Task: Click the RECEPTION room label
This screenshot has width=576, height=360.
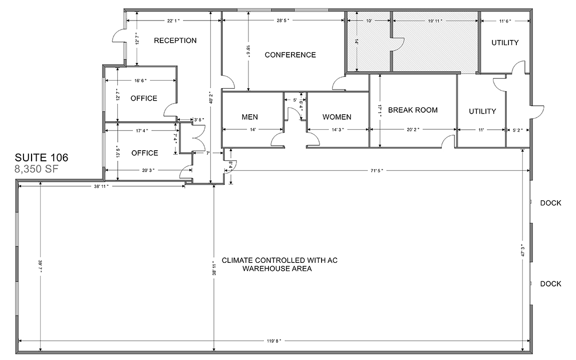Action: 175,41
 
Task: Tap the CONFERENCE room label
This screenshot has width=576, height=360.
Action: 290,55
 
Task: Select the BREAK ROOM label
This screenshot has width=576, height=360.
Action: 413,110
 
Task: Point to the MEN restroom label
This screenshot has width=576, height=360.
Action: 250,117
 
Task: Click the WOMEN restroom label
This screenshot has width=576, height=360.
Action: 337,117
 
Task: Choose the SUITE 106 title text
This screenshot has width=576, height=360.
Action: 42,158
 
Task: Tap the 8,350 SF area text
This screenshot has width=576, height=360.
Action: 37,169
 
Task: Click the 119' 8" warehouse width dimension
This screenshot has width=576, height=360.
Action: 274,341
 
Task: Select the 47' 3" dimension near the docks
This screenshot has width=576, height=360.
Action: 523,251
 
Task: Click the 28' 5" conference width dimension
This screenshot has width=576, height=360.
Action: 283,21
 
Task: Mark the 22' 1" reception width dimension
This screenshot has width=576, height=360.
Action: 173,21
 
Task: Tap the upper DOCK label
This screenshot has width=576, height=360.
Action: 550,203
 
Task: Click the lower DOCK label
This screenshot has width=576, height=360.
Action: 550,283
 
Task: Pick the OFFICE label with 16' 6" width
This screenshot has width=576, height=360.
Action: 144,98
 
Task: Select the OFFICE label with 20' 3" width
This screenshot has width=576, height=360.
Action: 145,153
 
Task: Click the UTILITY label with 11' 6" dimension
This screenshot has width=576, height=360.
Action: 505,43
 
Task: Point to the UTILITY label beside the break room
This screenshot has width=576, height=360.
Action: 482,111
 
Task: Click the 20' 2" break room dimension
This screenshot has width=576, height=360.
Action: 413,130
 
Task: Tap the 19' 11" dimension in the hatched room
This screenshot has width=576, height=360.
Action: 435,21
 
